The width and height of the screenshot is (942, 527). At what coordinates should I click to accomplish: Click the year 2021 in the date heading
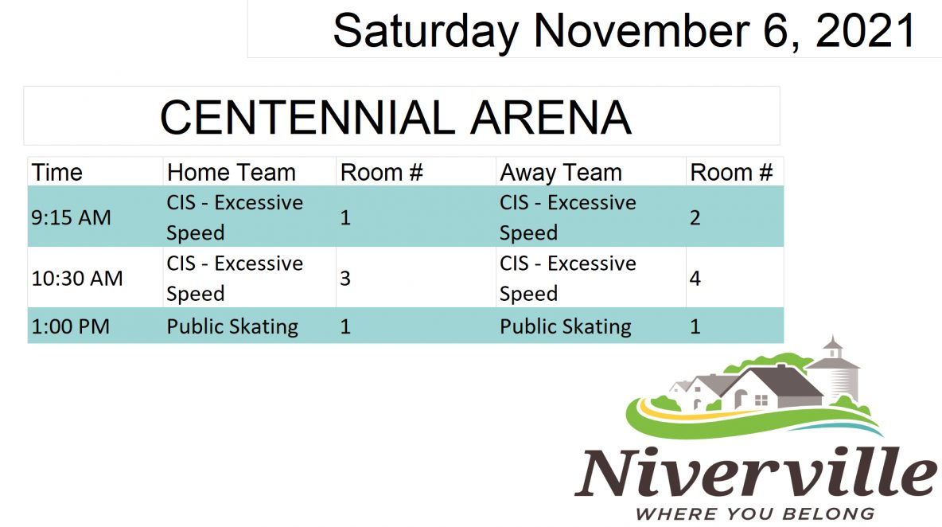tap(865, 30)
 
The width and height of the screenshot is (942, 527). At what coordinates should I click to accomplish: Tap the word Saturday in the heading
tap(426, 31)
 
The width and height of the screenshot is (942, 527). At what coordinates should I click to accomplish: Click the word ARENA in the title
tap(551, 117)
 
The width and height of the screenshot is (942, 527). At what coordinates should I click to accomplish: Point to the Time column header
tap(56, 173)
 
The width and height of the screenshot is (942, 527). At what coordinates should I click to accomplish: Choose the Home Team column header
tap(232, 173)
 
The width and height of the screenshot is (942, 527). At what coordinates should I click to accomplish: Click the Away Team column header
tap(561, 173)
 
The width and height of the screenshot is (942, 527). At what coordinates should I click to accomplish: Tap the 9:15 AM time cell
tap(71, 217)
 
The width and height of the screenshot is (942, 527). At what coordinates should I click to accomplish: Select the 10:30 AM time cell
tap(77, 278)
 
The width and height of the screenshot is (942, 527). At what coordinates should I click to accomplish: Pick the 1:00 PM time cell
tap(70, 326)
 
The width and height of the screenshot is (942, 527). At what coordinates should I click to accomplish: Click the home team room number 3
tap(344, 278)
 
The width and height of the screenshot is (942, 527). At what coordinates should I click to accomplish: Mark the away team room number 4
tap(695, 278)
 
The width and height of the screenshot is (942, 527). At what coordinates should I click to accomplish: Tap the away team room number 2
tap(695, 217)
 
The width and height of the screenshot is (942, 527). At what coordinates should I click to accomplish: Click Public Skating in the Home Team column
tap(232, 327)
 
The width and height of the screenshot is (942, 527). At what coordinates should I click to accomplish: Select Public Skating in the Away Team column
tap(566, 327)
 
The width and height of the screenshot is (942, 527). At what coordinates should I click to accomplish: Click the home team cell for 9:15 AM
tap(234, 217)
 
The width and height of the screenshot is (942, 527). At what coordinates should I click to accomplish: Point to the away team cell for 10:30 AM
tap(568, 278)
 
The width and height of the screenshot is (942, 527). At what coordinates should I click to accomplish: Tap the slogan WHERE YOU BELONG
tap(754, 513)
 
